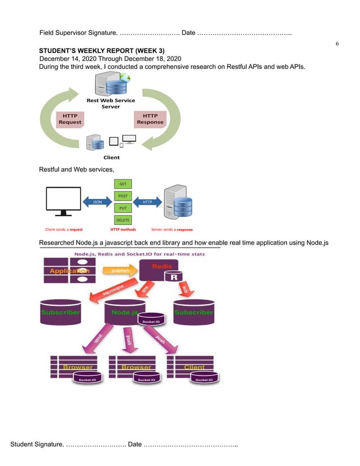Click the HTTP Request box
pos(70,118)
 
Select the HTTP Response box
pos(150,118)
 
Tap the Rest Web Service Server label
pos(111,103)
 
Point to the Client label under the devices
pos(111,157)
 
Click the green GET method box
pos(122,184)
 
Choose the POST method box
pos(122,196)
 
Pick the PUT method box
pos(122,208)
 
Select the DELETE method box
pos(122,219)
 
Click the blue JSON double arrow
pos(97,202)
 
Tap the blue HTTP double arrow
pos(147,202)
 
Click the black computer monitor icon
pos(63,202)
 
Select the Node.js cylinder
pos(124,311)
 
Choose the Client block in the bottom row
pos(194,367)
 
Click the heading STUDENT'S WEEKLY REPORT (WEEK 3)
pos(102,51)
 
